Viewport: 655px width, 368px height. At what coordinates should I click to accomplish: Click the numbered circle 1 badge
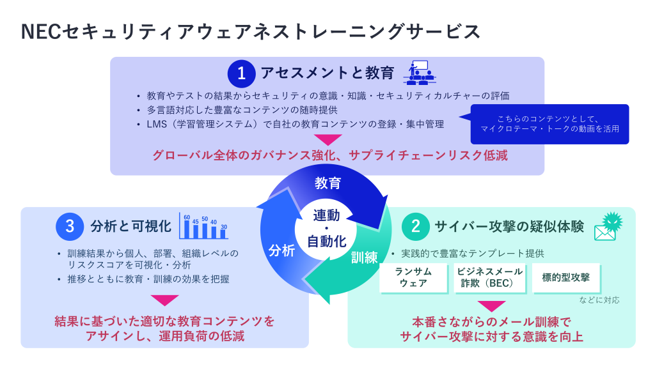241,73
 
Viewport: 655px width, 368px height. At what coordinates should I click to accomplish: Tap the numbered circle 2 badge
415,226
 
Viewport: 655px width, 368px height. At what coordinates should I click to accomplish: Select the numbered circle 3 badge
70,226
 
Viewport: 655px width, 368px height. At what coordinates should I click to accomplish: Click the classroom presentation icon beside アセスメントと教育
420,72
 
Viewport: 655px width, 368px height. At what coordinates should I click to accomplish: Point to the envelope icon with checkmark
608,227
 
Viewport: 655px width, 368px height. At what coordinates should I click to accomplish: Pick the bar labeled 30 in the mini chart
223,233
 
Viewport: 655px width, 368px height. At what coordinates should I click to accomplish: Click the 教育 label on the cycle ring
327,183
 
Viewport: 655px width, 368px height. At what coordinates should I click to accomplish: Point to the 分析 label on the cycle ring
281,250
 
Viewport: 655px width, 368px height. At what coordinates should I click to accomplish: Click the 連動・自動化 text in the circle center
327,229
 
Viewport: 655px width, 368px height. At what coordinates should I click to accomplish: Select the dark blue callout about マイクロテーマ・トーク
549,124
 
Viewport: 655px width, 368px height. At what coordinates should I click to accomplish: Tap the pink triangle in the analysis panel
164,300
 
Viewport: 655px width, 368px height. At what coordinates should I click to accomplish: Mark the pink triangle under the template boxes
491,306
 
